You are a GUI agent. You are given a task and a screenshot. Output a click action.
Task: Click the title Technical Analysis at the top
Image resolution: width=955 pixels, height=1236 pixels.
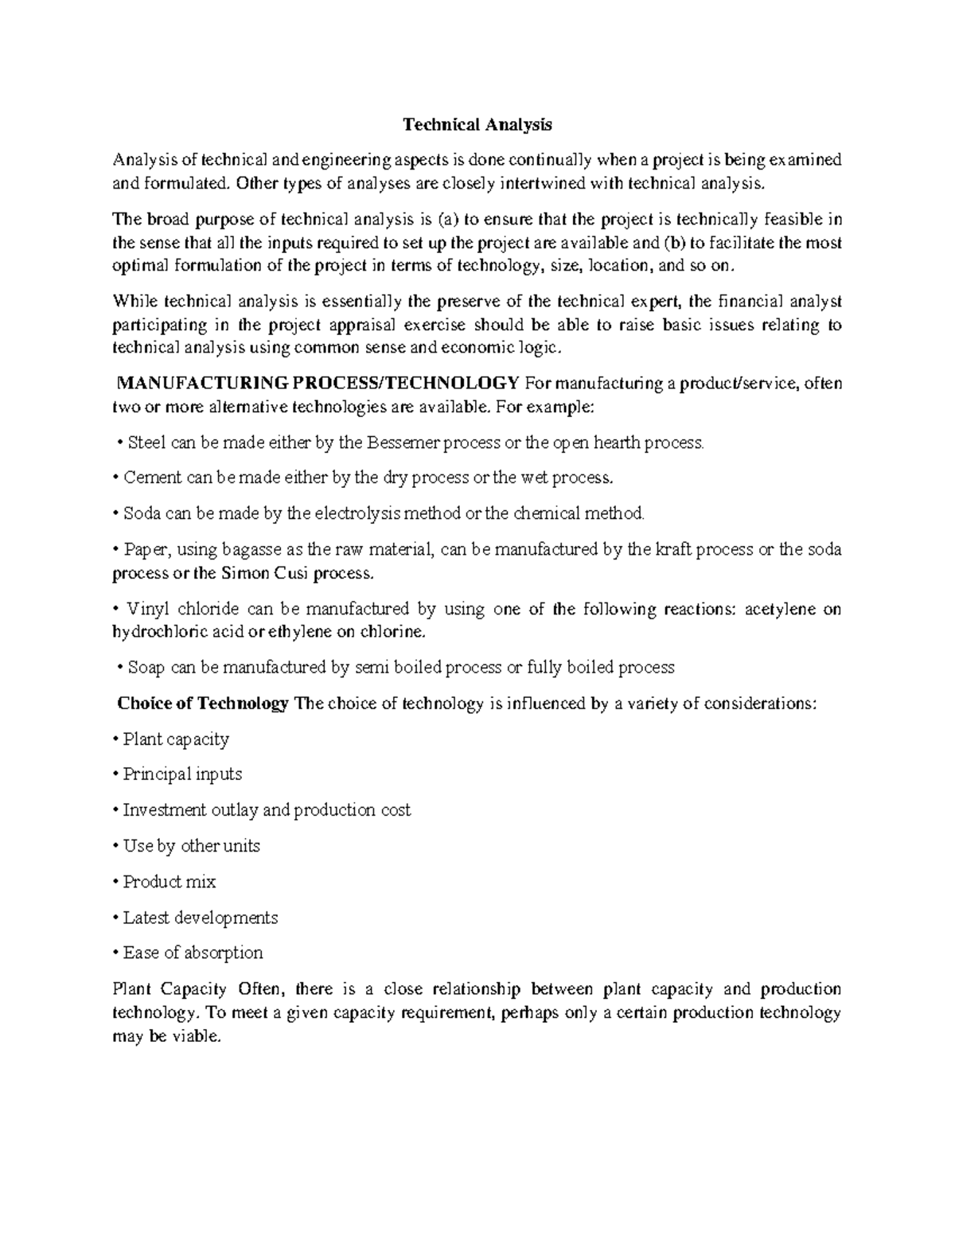(x=477, y=125)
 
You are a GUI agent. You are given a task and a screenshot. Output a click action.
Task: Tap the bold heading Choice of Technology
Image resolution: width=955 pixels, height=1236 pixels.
(x=203, y=704)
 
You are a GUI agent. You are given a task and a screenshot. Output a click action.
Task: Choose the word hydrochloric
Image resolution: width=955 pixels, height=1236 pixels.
(x=159, y=632)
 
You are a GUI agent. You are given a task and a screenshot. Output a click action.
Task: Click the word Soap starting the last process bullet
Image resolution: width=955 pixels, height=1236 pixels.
(x=146, y=668)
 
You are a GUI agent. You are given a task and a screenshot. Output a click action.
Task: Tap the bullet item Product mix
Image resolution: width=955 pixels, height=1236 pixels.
(x=170, y=882)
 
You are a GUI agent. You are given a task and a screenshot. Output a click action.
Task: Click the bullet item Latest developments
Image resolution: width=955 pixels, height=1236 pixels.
(x=201, y=918)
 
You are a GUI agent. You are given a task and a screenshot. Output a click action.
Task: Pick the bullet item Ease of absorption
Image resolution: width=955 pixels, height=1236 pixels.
(x=193, y=953)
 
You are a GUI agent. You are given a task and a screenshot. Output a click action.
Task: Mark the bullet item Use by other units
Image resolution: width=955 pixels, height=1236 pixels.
(x=192, y=846)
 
